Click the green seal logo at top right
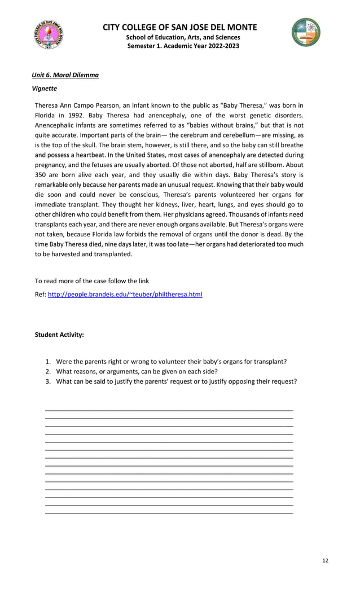coord(306,32)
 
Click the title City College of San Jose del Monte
coord(180,27)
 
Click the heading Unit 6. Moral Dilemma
coord(65,75)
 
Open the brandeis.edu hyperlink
coord(125,295)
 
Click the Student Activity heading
coord(59,335)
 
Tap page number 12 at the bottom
coord(325,560)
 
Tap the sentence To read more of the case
coord(92,281)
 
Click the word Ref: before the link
coord(40,295)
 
